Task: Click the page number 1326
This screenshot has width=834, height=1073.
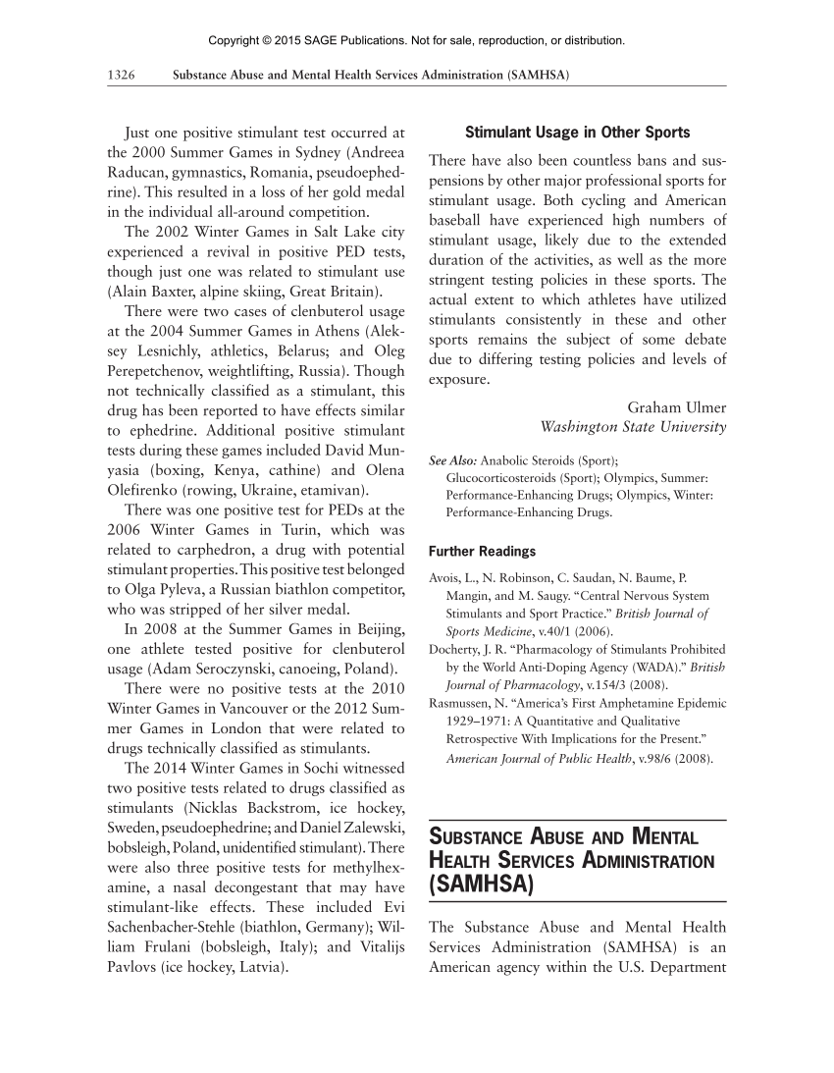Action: (121, 76)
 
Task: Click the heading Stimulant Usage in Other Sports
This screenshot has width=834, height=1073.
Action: (577, 133)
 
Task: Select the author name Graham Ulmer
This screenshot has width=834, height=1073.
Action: (677, 408)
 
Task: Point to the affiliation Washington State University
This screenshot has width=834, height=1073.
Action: (633, 427)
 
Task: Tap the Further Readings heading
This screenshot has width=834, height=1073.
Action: (483, 552)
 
